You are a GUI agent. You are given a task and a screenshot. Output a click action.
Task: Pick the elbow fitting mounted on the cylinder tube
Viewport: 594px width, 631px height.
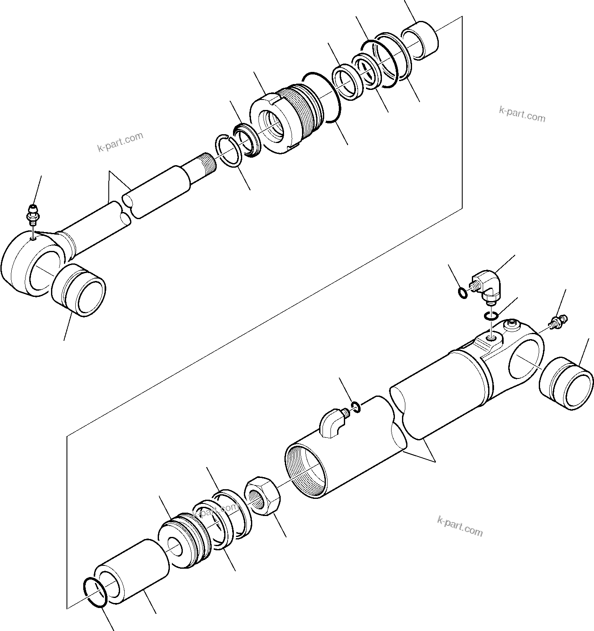coord(331,423)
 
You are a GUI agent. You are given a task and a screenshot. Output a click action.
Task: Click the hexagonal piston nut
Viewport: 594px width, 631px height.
coord(262,496)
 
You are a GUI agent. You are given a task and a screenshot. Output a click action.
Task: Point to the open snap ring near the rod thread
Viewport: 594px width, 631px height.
coord(228,150)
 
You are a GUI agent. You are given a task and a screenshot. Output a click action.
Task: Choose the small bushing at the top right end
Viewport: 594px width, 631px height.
coord(420,43)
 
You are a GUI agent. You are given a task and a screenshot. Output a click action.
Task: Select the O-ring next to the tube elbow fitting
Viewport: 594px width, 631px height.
coord(355,406)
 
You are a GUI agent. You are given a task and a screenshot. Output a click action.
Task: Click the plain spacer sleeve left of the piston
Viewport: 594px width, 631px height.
coord(131,570)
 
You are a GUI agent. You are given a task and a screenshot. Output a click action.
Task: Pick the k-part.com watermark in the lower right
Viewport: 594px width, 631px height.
coord(459,526)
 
